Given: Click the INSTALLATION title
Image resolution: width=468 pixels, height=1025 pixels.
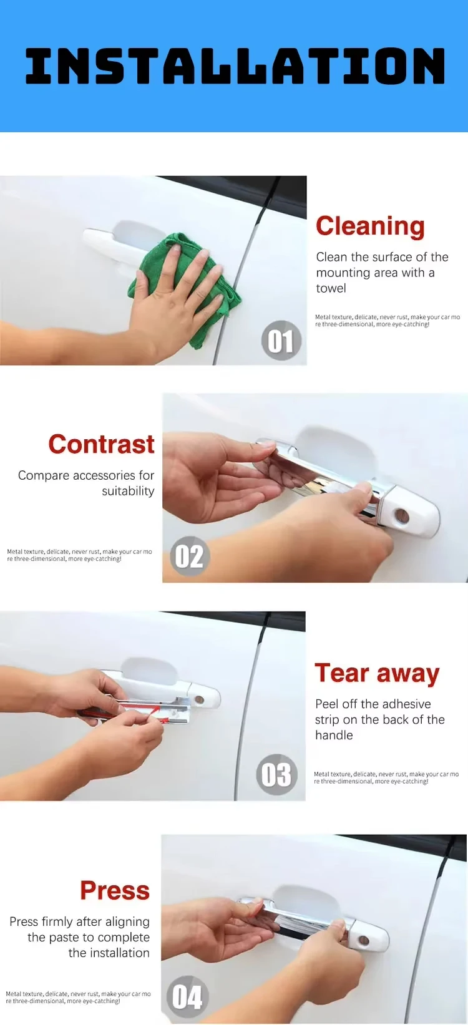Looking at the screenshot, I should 234,66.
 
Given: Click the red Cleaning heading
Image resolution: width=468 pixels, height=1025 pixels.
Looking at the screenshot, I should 370,226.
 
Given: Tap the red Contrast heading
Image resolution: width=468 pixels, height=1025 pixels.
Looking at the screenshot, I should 101,444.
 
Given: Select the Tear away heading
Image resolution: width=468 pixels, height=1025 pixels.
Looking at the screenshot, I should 377,673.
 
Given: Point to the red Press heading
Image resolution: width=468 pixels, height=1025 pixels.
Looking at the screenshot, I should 115,890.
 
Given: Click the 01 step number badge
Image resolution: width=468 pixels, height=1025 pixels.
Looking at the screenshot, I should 281,341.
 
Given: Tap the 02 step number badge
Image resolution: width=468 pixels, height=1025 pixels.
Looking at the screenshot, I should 188,556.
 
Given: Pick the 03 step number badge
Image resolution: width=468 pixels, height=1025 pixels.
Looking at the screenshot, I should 276,775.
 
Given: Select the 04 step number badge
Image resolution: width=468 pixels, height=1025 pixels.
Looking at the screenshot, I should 187,996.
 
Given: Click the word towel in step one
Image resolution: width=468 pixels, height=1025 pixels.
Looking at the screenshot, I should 331,288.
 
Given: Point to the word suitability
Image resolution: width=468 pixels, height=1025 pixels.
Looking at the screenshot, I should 128,491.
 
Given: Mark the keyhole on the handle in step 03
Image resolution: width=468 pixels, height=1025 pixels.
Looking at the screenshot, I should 199,699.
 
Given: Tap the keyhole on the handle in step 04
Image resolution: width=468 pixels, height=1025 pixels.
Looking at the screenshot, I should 364,940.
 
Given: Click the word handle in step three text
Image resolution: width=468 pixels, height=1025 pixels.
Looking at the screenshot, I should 334,735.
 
